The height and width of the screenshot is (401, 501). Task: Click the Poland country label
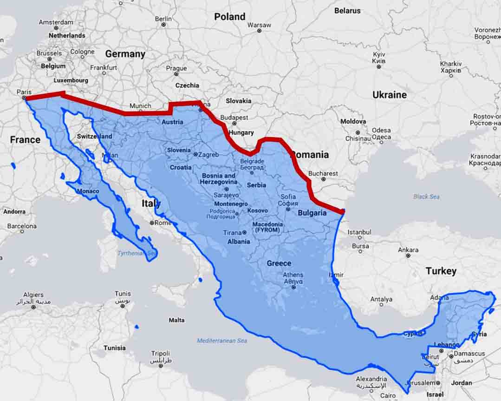click(229, 17)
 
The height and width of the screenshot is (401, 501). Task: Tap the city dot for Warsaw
click(259, 31)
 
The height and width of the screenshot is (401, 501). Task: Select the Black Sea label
click(426, 197)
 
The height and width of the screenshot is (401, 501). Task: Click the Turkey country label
click(441, 271)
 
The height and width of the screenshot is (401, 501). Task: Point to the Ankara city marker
click(408, 256)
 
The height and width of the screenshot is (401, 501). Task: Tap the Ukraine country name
click(389, 95)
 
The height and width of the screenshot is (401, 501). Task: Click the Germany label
click(125, 54)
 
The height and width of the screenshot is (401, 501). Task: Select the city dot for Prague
click(176, 74)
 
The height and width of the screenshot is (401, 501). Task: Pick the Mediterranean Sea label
click(222, 341)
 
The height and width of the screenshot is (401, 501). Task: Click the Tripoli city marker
click(161, 366)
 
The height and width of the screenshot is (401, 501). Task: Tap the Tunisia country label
click(114, 348)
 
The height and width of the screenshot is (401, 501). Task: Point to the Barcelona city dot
click(21, 232)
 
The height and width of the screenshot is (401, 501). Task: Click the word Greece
click(279, 263)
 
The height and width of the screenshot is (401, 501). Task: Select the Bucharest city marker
click(323, 179)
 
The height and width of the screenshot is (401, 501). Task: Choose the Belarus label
click(347, 10)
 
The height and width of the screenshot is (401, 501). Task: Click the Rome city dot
click(152, 223)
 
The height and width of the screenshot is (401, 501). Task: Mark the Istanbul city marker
click(359, 238)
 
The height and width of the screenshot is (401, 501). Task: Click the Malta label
click(176, 320)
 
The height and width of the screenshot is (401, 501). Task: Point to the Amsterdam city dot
click(56, 28)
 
